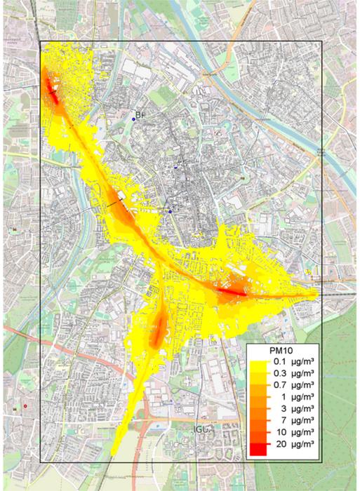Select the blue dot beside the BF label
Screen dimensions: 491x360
point(133,121)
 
